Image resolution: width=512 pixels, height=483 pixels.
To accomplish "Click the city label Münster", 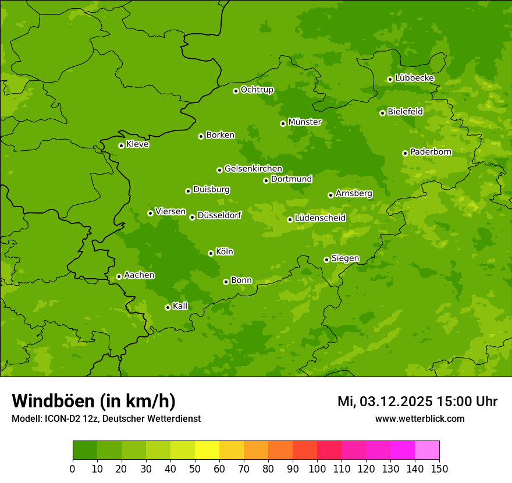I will [x=305, y=122].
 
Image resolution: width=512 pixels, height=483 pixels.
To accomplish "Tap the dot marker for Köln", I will [x=211, y=253].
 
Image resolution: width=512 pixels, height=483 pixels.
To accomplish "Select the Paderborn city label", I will [x=431, y=152].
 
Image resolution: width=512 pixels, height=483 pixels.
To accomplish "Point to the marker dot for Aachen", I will [x=119, y=276].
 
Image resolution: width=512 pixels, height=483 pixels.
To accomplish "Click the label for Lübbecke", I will [x=414, y=78].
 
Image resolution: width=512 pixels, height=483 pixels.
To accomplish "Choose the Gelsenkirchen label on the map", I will [x=253, y=169].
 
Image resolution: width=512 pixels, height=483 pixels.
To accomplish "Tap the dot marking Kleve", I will [x=121, y=145].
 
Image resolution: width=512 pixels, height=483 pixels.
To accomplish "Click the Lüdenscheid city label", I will [x=320, y=218].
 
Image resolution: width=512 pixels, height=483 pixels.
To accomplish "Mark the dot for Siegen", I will [x=326, y=260].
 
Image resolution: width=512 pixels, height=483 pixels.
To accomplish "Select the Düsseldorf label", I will [x=219, y=215].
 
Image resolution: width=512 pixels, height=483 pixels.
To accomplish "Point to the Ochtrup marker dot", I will [x=236, y=91].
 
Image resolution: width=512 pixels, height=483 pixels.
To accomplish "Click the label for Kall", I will [x=180, y=306].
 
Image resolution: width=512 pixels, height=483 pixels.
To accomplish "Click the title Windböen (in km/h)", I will [x=94, y=401].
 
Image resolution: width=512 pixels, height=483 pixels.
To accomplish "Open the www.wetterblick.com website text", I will [x=419, y=418].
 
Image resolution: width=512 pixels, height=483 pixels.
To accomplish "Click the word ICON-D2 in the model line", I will [x=61, y=418].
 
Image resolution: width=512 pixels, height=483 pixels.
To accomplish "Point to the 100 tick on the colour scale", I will [x=317, y=468].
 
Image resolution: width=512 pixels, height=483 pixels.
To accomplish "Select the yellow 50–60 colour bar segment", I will [x=207, y=450].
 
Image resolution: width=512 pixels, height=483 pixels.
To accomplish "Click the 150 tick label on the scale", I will [x=439, y=468].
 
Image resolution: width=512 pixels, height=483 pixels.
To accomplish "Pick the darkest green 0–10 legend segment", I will [x=85, y=450].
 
